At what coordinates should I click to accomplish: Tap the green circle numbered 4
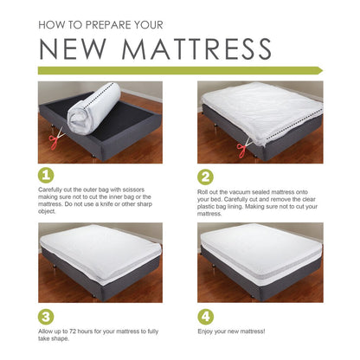pyautogui.click(x=207, y=316)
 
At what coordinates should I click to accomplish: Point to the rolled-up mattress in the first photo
pyautogui.click(x=88, y=111)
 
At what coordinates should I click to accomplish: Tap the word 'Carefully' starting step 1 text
pyautogui.click(x=51, y=188)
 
